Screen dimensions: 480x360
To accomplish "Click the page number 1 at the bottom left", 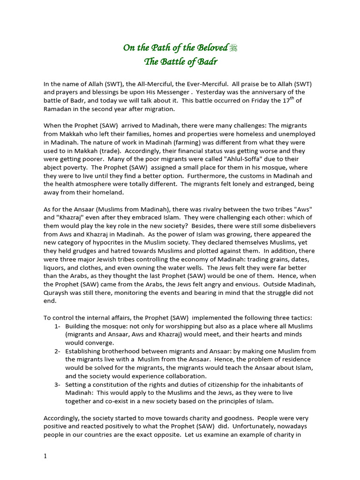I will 45,457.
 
